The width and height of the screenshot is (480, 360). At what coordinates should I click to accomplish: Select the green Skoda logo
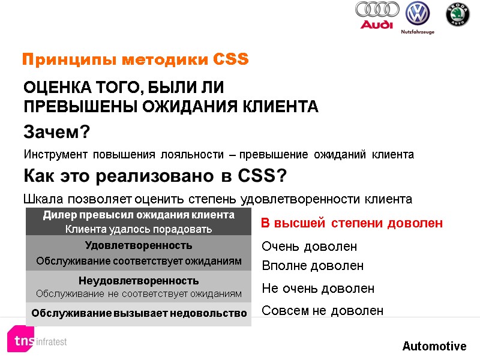457,15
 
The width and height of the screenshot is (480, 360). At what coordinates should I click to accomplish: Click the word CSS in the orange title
231,60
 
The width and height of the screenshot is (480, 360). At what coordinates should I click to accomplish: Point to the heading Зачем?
56,131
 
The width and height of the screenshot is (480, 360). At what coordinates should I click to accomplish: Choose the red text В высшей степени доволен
352,223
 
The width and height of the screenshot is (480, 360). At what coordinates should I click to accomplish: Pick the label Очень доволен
310,247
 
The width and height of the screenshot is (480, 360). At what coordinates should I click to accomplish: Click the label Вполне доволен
313,265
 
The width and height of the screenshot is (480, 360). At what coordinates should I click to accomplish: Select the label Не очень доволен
318,289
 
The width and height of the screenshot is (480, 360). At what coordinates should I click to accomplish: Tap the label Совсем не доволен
322,310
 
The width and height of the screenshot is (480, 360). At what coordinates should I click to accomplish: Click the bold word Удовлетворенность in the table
139,245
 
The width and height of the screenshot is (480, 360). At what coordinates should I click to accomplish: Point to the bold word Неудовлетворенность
139,281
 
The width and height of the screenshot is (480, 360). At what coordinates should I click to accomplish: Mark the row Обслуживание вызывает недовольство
139,313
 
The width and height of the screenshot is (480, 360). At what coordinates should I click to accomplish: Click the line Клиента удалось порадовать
139,229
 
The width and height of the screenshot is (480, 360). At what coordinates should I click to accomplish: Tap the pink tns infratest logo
37,340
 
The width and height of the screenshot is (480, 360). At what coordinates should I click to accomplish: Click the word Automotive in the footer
434,346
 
